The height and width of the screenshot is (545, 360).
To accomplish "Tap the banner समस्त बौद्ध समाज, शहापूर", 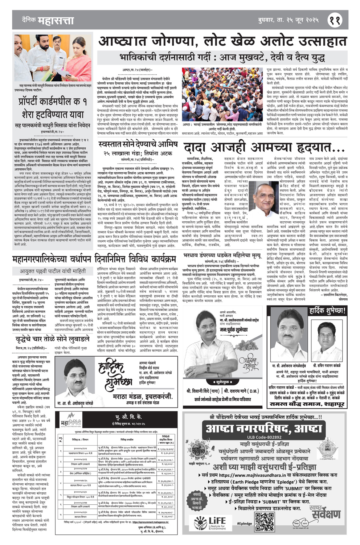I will (x=307, y=404).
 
